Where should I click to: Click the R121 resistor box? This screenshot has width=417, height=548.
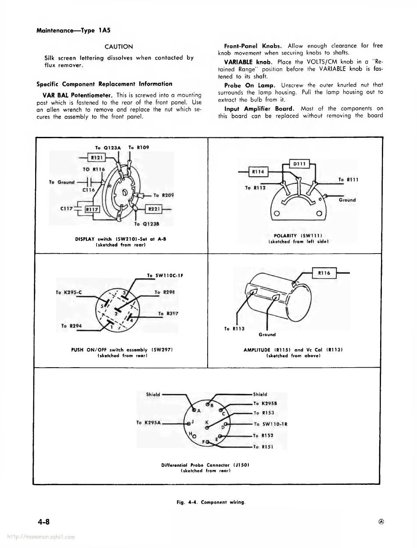point(97,158)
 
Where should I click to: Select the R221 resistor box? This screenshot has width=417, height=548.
point(154,209)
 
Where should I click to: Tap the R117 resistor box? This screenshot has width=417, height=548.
point(92,209)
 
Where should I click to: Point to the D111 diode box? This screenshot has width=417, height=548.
point(300,164)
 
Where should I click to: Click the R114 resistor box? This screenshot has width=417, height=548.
point(258,172)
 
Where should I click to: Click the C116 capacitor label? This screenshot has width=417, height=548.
point(89,190)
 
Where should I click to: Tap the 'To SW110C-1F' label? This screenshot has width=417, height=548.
point(165,276)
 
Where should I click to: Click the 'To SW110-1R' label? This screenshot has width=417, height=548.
point(270,424)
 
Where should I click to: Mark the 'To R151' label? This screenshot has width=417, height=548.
point(264,447)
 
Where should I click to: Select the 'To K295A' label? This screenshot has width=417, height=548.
point(149,423)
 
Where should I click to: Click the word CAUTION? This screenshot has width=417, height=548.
point(119,47)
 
